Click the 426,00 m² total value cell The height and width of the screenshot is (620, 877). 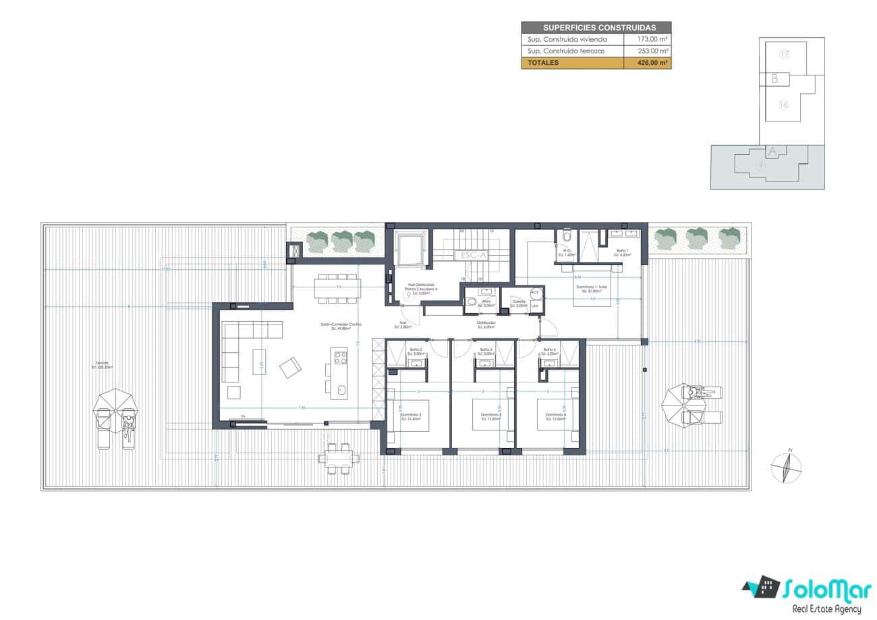652,63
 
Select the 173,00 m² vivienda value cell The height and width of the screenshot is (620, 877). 652,39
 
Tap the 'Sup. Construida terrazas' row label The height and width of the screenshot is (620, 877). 566,51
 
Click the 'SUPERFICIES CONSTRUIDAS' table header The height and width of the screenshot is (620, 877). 596,28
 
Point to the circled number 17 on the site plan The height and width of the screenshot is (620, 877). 784,54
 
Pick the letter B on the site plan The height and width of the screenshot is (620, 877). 774,79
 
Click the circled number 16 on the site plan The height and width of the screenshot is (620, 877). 783,105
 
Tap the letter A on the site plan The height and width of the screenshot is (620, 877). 772,152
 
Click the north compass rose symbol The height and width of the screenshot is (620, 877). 787,467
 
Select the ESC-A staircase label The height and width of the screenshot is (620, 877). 472,255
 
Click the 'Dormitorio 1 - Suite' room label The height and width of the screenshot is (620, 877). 594,288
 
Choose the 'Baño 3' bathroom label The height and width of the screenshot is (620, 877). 484,351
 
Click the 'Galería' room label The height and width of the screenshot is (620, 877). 518,303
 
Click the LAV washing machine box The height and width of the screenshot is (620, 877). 535,306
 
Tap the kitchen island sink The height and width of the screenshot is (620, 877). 341,389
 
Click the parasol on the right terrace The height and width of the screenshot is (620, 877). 674,403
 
